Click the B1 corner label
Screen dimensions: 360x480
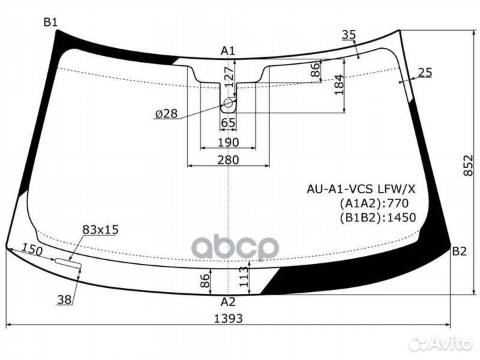coord(51,23)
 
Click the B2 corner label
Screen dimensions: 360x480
coord(459,251)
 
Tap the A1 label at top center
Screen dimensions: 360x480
coord(229,51)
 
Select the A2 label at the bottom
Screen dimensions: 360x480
coord(229,301)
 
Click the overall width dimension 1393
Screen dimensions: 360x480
coord(229,318)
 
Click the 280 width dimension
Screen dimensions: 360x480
coord(228,159)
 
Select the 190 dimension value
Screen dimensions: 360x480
coord(228,142)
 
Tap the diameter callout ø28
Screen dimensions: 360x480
coord(165,113)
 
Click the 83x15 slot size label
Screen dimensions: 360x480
coord(100,229)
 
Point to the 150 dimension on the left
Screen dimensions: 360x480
coord(31,251)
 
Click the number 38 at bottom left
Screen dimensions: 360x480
coord(65,300)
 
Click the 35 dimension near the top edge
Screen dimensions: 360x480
coord(348,35)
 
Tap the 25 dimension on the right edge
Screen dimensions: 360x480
coord(426,72)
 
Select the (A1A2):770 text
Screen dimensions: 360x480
coord(373,203)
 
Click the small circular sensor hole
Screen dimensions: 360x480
coord(228,103)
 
